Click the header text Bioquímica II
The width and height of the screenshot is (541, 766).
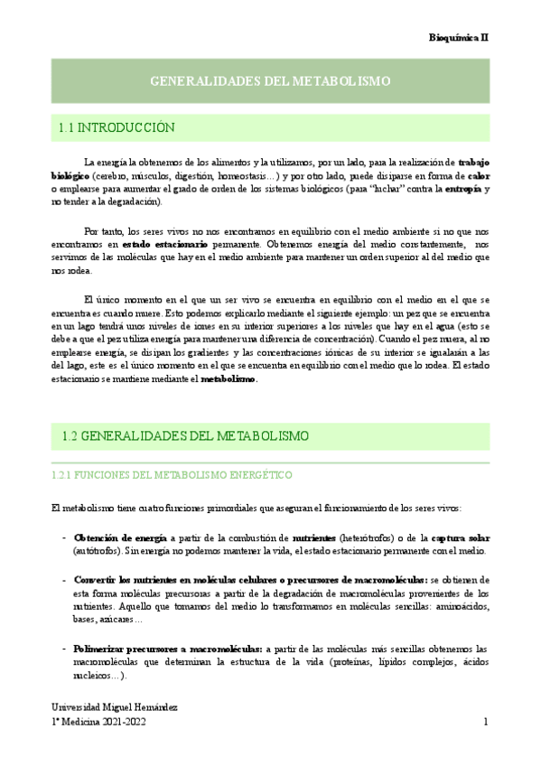[x=458, y=37]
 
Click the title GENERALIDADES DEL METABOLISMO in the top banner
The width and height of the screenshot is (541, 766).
[x=270, y=81]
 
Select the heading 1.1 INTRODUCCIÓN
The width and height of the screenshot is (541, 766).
[x=117, y=128]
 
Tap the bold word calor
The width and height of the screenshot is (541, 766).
[x=480, y=175]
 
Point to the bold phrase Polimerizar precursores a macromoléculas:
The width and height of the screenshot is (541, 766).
[x=168, y=649]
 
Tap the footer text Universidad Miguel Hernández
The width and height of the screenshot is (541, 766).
[x=113, y=705]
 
